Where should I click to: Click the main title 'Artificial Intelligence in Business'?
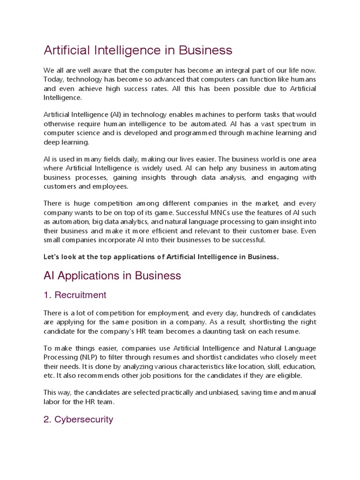(x=138, y=50)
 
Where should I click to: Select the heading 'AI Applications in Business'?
(x=112, y=276)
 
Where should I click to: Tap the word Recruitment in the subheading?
(x=80, y=295)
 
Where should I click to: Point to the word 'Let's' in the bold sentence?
(x=52, y=257)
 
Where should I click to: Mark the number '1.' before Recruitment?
(x=47, y=295)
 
